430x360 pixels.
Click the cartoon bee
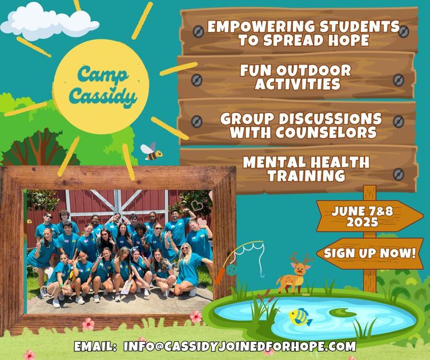152,152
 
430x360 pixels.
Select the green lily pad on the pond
343,313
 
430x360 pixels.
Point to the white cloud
49,22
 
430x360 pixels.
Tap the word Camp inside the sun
103,74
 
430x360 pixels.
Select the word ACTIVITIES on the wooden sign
298,84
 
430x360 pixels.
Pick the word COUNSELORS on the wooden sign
326,132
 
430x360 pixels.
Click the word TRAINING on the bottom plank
306,176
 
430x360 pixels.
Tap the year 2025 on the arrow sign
362,222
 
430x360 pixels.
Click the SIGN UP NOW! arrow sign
369,253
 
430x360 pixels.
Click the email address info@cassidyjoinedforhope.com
240,346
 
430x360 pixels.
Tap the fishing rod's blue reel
231,270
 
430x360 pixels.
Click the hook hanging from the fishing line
262,273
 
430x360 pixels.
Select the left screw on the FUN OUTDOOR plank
196,80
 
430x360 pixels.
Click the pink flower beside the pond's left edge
196,317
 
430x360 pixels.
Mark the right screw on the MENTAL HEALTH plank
399,174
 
